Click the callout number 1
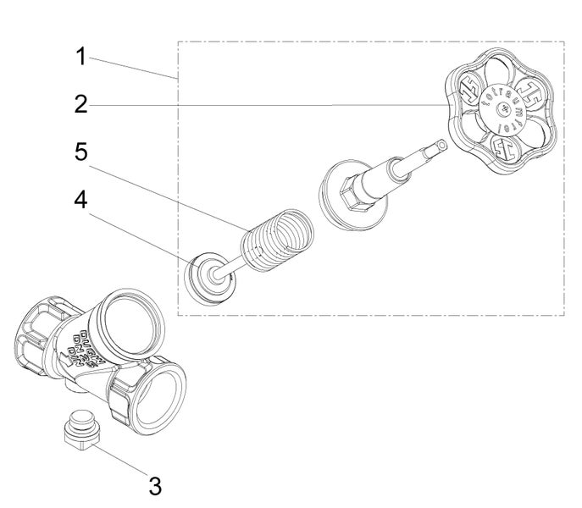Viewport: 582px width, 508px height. (x=80, y=57)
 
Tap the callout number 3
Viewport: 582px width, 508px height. (x=154, y=486)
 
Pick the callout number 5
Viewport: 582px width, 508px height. (x=80, y=152)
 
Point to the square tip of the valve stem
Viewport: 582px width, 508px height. (x=440, y=145)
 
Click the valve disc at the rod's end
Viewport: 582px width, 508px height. (x=206, y=275)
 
